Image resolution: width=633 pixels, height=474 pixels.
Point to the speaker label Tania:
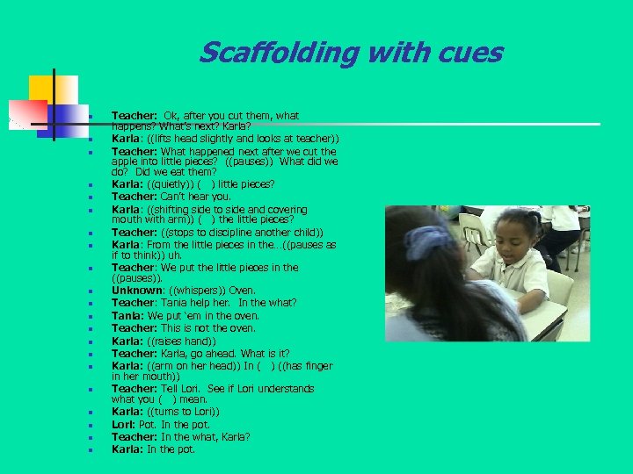pos(128,315)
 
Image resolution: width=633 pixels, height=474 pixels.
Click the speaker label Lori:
pos(123,424)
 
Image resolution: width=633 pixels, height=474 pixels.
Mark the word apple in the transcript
pos(125,162)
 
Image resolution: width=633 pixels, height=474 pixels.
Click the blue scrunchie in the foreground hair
pos(429,241)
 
